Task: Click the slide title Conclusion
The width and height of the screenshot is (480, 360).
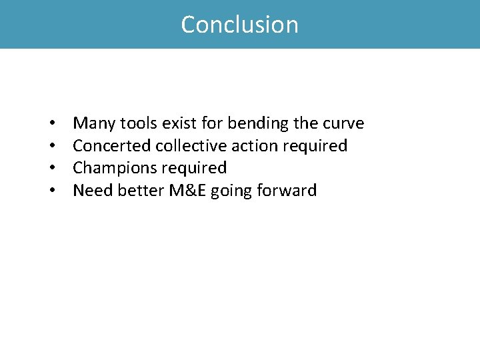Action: [240, 25]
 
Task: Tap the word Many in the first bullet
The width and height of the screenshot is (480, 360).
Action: [92, 123]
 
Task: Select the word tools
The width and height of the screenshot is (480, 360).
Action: [137, 123]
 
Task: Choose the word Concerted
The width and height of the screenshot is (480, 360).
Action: [111, 145]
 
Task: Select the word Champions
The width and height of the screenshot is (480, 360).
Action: [114, 168]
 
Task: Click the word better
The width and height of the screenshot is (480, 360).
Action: [141, 191]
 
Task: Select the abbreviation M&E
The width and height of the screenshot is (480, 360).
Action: [187, 191]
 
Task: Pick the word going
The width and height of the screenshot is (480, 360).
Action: [230, 191]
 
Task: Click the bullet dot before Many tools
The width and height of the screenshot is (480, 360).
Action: [51, 124]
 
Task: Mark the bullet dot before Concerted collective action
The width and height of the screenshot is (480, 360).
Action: [51, 146]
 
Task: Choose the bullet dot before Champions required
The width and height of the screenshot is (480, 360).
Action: [51, 169]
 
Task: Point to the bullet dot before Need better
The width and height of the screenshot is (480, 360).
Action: [51, 191]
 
